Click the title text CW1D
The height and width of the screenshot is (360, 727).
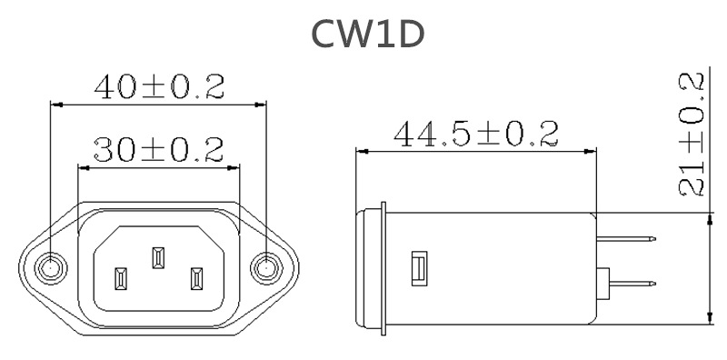[367, 34]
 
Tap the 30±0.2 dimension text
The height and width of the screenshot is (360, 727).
[159, 150]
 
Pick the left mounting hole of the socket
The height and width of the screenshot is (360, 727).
[50, 267]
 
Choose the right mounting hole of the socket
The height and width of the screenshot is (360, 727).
[265, 267]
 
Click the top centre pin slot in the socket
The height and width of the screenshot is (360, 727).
[158, 257]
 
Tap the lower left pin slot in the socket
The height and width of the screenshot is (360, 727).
[120, 277]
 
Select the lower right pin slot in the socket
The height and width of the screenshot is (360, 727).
[196, 277]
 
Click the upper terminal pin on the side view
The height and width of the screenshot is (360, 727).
[626, 238]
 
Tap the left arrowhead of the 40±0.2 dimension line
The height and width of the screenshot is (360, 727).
[55, 104]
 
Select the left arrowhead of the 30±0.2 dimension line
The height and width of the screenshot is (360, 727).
[85, 166]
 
